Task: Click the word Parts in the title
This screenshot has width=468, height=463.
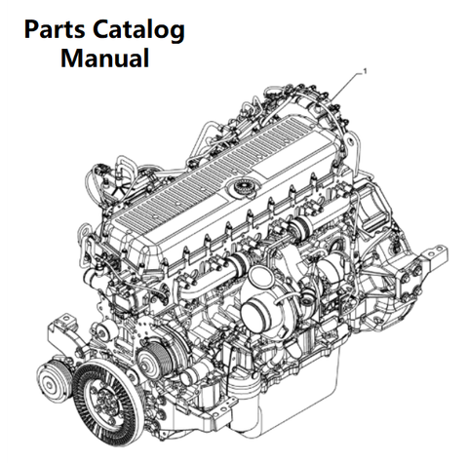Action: pos(56,30)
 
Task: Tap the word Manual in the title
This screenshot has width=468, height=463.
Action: pos(105,58)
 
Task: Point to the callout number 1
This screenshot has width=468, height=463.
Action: pos(365,71)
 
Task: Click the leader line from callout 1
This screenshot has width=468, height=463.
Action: pos(346,86)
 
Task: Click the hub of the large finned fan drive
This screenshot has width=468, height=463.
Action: pos(105,397)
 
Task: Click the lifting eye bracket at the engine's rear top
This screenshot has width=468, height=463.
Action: pos(350,142)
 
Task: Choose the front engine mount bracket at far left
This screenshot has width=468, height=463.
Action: pos(63,333)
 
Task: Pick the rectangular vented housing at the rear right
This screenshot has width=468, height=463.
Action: pos(373,208)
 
